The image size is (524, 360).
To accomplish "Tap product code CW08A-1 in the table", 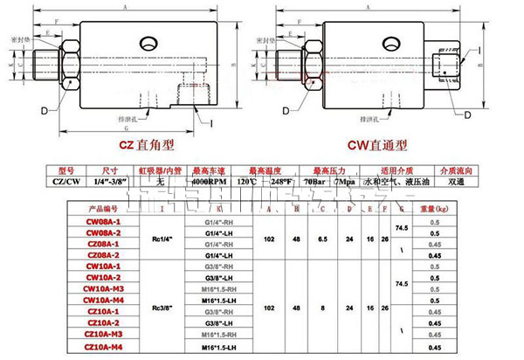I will [x=102, y=223].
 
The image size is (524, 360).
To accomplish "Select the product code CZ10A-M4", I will [x=103, y=348].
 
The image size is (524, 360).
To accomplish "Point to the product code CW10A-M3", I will [x=103, y=285].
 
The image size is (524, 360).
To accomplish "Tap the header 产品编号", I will [x=102, y=210].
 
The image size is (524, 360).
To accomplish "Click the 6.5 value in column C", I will [x=324, y=239].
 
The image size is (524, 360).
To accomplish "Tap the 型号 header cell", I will [x=67, y=170].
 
